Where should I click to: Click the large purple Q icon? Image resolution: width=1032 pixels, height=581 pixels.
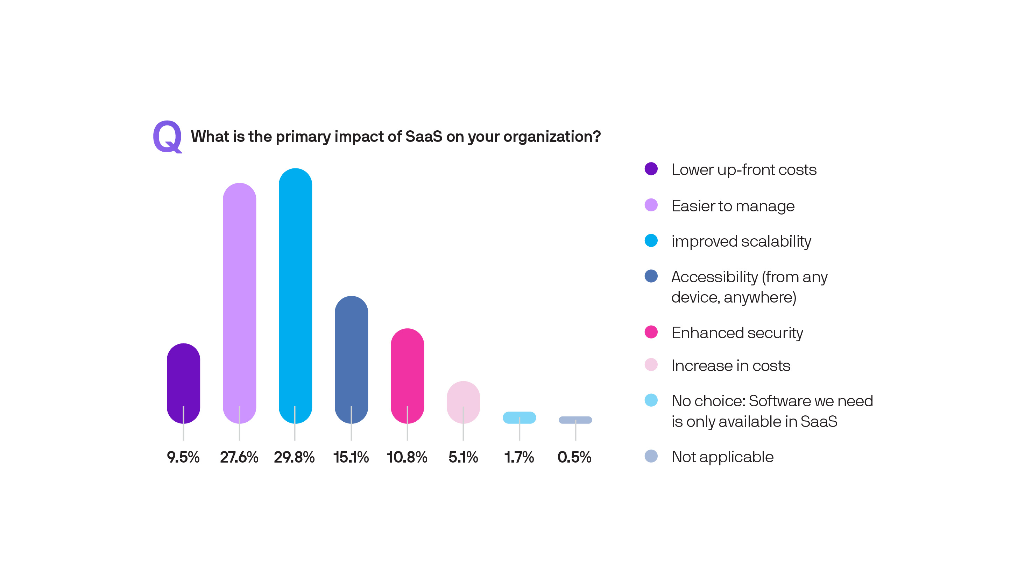[x=168, y=137]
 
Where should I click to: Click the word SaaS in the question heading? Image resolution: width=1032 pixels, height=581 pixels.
[x=423, y=137]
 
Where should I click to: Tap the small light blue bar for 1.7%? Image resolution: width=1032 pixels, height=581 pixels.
[x=519, y=417]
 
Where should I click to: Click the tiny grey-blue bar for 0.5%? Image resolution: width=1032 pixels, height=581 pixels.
[x=575, y=420]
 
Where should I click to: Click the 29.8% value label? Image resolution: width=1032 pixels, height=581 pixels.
[x=294, y=457]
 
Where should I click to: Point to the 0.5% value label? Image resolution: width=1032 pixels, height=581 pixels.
[x=574, y=457]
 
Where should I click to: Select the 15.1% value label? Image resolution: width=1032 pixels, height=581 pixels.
[x=351, y=457]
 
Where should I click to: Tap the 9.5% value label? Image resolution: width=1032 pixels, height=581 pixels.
[x=183, y=457]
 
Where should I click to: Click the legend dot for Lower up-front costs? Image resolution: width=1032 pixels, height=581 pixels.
[x=651, y=169]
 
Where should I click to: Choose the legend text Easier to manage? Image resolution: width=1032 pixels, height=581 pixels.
[x=733, y=206]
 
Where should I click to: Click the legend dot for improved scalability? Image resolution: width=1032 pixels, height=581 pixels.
[x=651, y=240]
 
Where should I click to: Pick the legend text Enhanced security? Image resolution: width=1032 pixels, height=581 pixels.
[x=737, y=333]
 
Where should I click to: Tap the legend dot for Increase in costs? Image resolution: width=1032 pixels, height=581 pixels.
[x=651, y=364]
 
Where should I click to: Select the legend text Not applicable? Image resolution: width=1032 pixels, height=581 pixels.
[x=722, y=457]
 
